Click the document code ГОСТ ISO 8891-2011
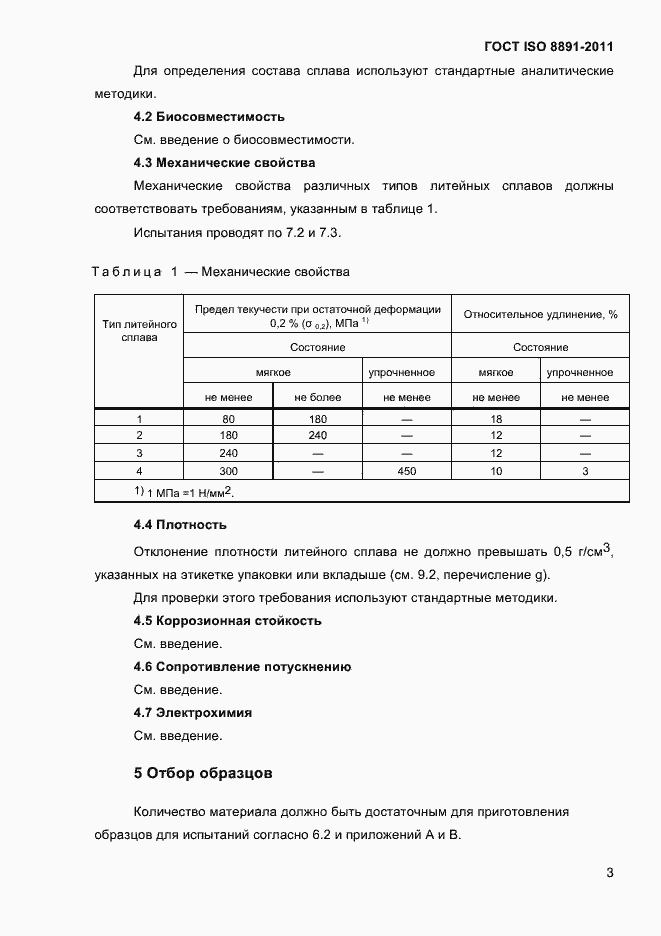(549, 46)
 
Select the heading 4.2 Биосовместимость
(209, 117)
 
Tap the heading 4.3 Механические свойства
(224, 163)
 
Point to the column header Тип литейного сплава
(139, 331)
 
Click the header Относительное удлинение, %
(540, 315)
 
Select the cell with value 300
(228, 471)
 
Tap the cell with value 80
(228, 419)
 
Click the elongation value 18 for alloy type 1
(496, 419)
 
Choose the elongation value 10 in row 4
(496, 471)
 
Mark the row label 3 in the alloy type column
(139, 453)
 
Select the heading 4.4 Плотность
(180, 525)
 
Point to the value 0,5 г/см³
(581, 550)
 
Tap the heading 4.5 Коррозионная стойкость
(227, 621)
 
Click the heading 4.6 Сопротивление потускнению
(242, 667)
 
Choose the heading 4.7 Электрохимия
(192, 713)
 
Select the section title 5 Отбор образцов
(203, 773)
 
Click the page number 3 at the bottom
(609, 873)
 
